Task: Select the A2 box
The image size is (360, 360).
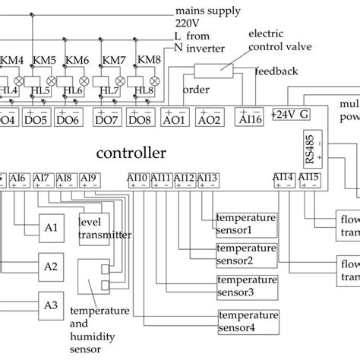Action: click(51, 266)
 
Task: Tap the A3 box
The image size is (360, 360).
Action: click(51, 305)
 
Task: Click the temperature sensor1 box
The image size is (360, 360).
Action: click(245, 224)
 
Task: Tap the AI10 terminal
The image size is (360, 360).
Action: click(137, 179)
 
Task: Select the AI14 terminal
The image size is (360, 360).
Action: click(284, 179)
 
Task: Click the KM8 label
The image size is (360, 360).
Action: click(147, 59)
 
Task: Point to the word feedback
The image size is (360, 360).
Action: click(271, 72)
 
